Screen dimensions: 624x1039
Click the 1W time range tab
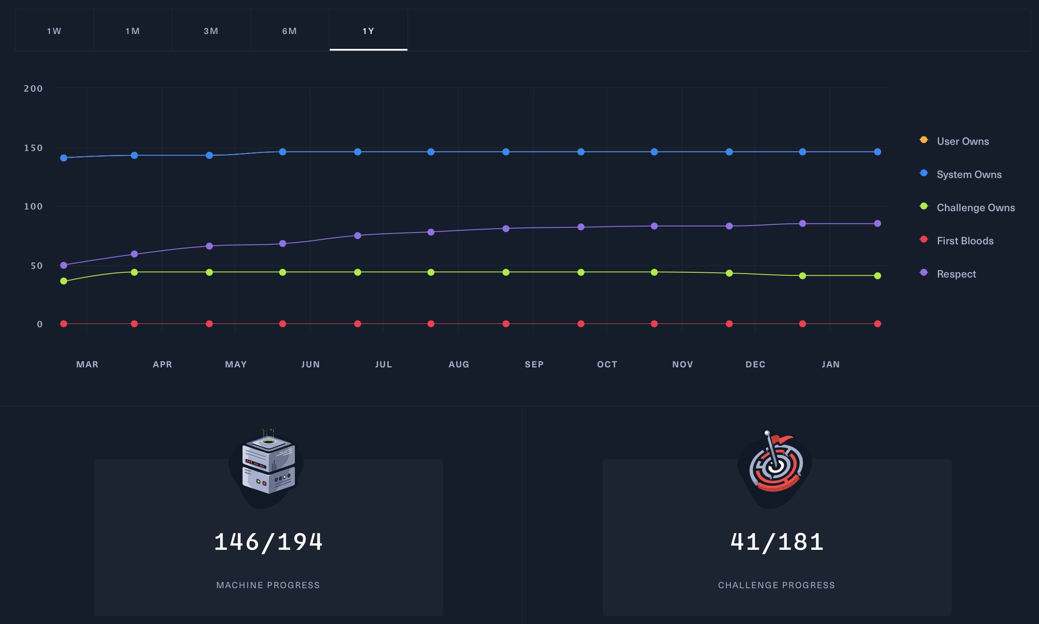(54, 31)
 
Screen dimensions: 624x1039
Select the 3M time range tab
(211, 31)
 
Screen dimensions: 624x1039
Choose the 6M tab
(290, 31)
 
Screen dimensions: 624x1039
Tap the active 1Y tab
(368, 31)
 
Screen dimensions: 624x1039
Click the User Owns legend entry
(963, 141)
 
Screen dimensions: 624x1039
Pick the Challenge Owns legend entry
(975, 208)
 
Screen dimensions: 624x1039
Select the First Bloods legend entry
(965, 241)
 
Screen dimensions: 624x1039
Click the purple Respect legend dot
(924, 273)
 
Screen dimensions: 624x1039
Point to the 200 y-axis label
(33, 89)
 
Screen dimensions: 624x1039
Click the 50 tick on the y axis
(37, 266)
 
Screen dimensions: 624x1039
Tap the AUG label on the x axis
(459, 364)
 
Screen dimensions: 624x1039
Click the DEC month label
(755, 364)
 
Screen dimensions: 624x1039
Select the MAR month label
(87, 364)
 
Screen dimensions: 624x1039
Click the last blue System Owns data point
(878, 152)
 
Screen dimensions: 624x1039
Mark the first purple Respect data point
(64, 265)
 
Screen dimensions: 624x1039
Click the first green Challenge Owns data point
(64, 281)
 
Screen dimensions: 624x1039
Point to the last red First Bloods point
(878, 324)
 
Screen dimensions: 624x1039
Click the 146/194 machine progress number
(268, 542)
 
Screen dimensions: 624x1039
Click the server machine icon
(268, 465)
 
